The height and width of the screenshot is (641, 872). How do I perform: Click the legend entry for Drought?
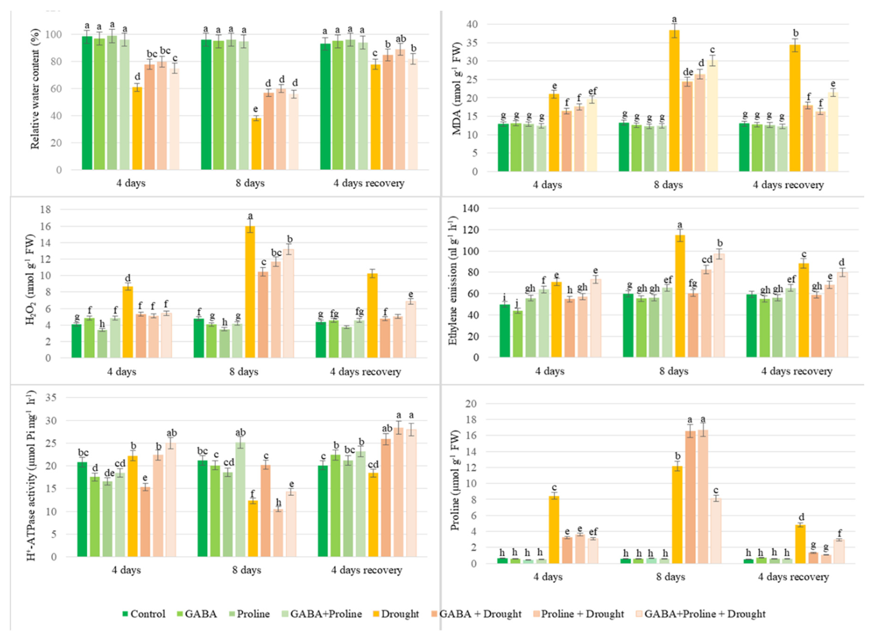pos(400,614)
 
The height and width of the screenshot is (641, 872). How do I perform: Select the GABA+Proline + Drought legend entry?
pos(705,614)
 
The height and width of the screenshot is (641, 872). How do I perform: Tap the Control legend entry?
pos(147,614)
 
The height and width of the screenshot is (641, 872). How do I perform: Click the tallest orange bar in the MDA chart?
pos(674,101)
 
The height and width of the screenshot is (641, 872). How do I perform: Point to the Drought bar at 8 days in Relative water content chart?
pos(256,144)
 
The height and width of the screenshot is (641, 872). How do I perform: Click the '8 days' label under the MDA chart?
pos(668,185)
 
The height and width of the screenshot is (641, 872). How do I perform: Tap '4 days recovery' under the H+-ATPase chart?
pos(366,570)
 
